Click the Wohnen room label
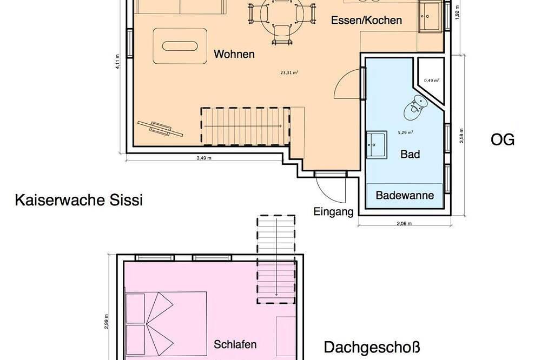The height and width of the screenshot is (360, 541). tap(234, 54)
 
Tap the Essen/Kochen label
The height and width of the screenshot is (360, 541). tap(367, 21)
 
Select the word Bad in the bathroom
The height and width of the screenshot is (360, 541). tap(410, 155)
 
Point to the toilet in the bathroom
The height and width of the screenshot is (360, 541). tap(415, 106)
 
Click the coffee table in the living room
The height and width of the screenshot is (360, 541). tap(181, 46)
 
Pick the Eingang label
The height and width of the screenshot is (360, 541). tap(333, 211)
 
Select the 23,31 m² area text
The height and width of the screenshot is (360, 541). tap(289, 72)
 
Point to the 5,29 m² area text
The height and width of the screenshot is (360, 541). tap(405, 132)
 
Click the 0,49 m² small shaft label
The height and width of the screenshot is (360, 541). tap(431, 81)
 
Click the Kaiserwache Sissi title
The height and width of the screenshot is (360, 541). tap(79, 201)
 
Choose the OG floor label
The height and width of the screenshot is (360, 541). tap(502, 140)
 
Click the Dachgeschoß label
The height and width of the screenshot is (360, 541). tap(372, 346)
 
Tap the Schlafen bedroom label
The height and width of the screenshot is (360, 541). tap(235, 344)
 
